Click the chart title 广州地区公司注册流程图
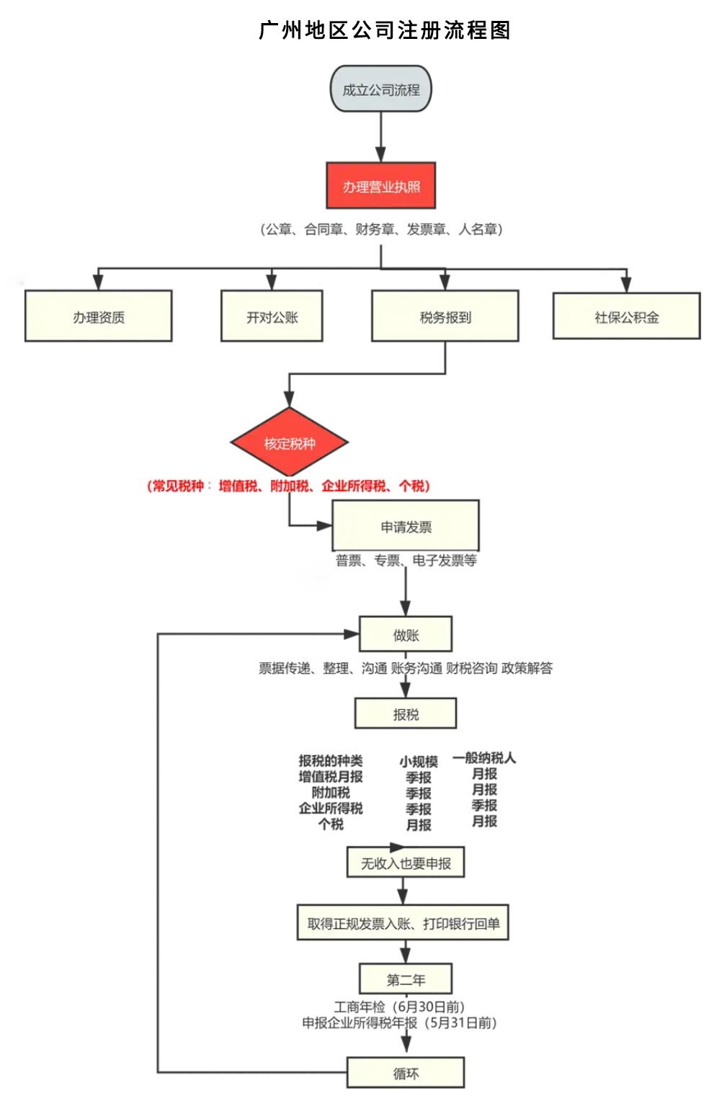click(384, 30)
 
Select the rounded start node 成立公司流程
click(380, 89)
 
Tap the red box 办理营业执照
click(380, 186)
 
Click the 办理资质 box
click(99, 316)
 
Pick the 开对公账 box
click(272, 316)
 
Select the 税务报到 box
click(445, 316)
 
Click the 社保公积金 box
click(626, 316)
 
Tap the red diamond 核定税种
click(289, 442)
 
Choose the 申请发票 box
click(406, 526)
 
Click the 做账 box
click(406, 634)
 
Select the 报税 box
click(406, 713)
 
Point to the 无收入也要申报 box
click(406, 863)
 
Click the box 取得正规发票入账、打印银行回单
click(403, 923)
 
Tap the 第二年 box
click(406, 979)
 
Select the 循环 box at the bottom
click(406, 1072)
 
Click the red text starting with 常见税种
click(288, 486)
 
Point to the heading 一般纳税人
click(484, 757)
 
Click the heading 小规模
click(419, 761)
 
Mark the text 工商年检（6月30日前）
click(399, 1006)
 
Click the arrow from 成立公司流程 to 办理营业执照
click(380, 137)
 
